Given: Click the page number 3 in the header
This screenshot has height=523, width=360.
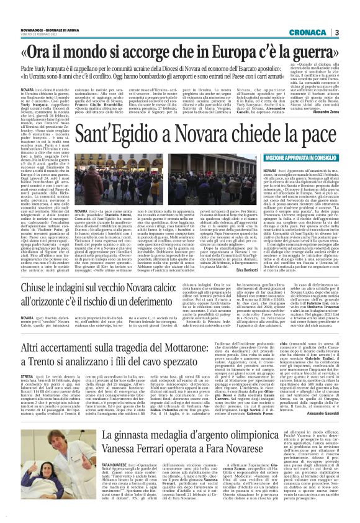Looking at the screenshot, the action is (353, 33).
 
